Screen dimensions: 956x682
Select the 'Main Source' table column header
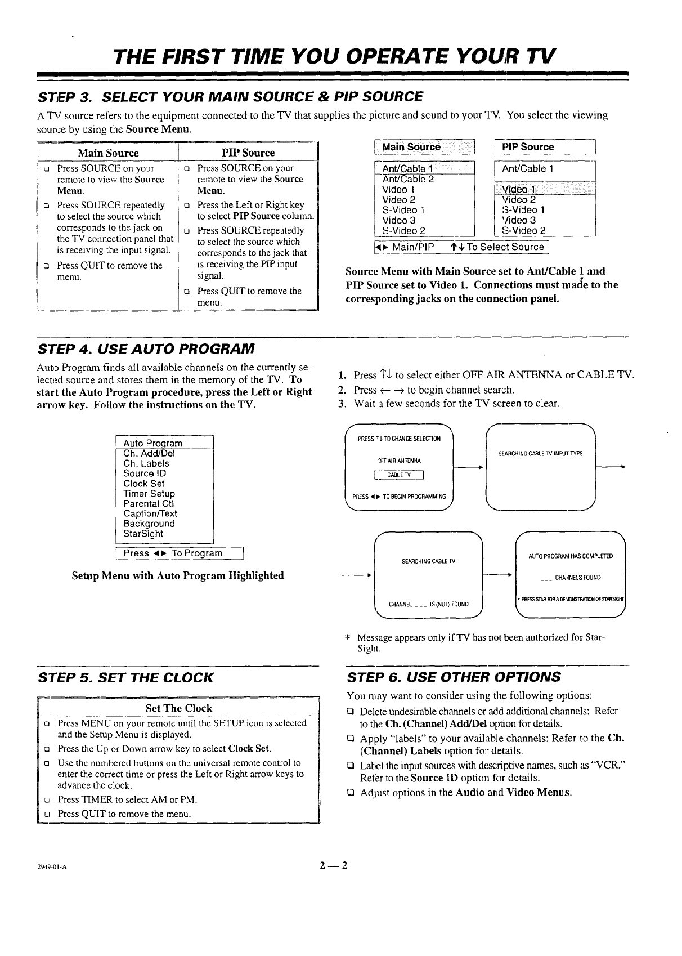[108, 153]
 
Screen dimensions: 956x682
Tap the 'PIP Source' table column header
[248, 153]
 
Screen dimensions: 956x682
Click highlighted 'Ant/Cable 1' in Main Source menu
[407, 169]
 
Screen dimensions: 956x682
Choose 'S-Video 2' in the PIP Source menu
[523, 230]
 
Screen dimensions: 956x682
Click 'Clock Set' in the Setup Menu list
[144, 484]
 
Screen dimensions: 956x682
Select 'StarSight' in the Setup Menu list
[143, 534]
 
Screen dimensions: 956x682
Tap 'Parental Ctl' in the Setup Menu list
[149, 503]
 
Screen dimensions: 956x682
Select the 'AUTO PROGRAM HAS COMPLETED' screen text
[571, 556]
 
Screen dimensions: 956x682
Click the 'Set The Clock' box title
[178, 708]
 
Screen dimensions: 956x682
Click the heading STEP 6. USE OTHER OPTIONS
[454, 677]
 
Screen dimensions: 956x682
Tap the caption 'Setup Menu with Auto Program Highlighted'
[178, 575]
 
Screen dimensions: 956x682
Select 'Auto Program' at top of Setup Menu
[152, 443]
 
